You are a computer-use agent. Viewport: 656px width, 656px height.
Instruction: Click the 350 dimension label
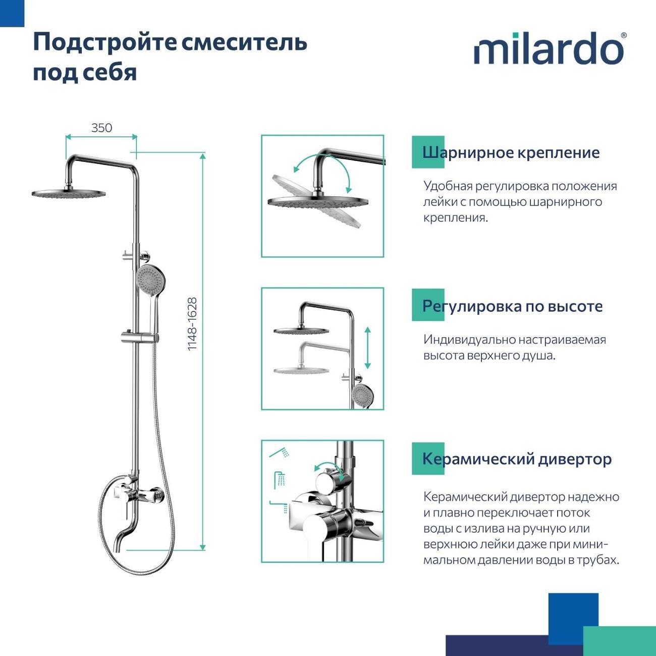(x=101, y=128)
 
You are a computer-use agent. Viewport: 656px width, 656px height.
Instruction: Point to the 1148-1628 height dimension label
(x=192, y=324)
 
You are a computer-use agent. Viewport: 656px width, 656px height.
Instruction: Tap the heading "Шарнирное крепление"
(x=511, y=152)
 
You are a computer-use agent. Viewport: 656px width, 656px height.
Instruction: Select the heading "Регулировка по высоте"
(x=512, y=306)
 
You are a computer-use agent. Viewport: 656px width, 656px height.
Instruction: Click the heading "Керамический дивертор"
(x=517, y=459)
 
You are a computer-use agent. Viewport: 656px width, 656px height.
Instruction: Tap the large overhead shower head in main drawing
(x=69, y=193)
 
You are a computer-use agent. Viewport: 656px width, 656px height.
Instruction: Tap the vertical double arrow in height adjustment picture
(x=368, y=348)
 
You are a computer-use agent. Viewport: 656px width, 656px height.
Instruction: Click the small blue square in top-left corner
(x=12, y=13)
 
